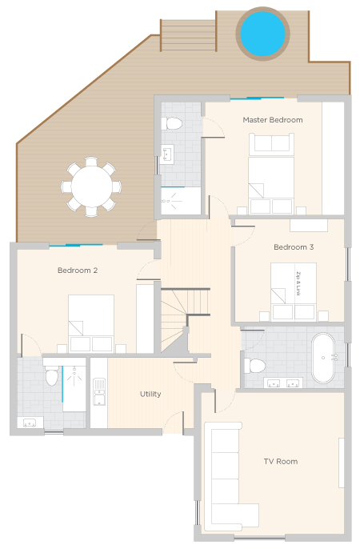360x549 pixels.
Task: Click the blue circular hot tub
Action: (x=262, y=34)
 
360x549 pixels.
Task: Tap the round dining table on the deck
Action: (x=92, y=186)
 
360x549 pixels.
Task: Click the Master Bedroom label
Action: (x=273, y=120)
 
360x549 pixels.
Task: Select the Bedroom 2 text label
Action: (x=78, y=270)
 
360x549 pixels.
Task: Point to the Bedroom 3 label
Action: (x=294, y=247)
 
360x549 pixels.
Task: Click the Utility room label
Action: (x=150, y=394)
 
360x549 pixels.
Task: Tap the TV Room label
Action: (x=281, y=462)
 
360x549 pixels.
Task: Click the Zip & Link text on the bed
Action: (x=298, y=283)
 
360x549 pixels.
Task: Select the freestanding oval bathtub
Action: (x=323, y=358)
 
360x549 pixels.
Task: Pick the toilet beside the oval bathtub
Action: (x=254, y=366)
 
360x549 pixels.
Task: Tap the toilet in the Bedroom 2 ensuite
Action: (x=52, y=375)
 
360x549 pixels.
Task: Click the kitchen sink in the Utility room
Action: (x=99, y=391)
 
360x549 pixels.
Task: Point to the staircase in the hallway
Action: (x=185, y=320)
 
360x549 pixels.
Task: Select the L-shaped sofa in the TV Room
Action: (x=226, y=476)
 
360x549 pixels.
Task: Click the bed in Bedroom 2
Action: (x=91, y=323)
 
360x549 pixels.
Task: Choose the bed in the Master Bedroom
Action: (x=271, y=174)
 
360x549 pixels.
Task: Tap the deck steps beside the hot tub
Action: (x=188, y=35)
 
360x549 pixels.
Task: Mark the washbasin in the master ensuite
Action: (x=167, y=154)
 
